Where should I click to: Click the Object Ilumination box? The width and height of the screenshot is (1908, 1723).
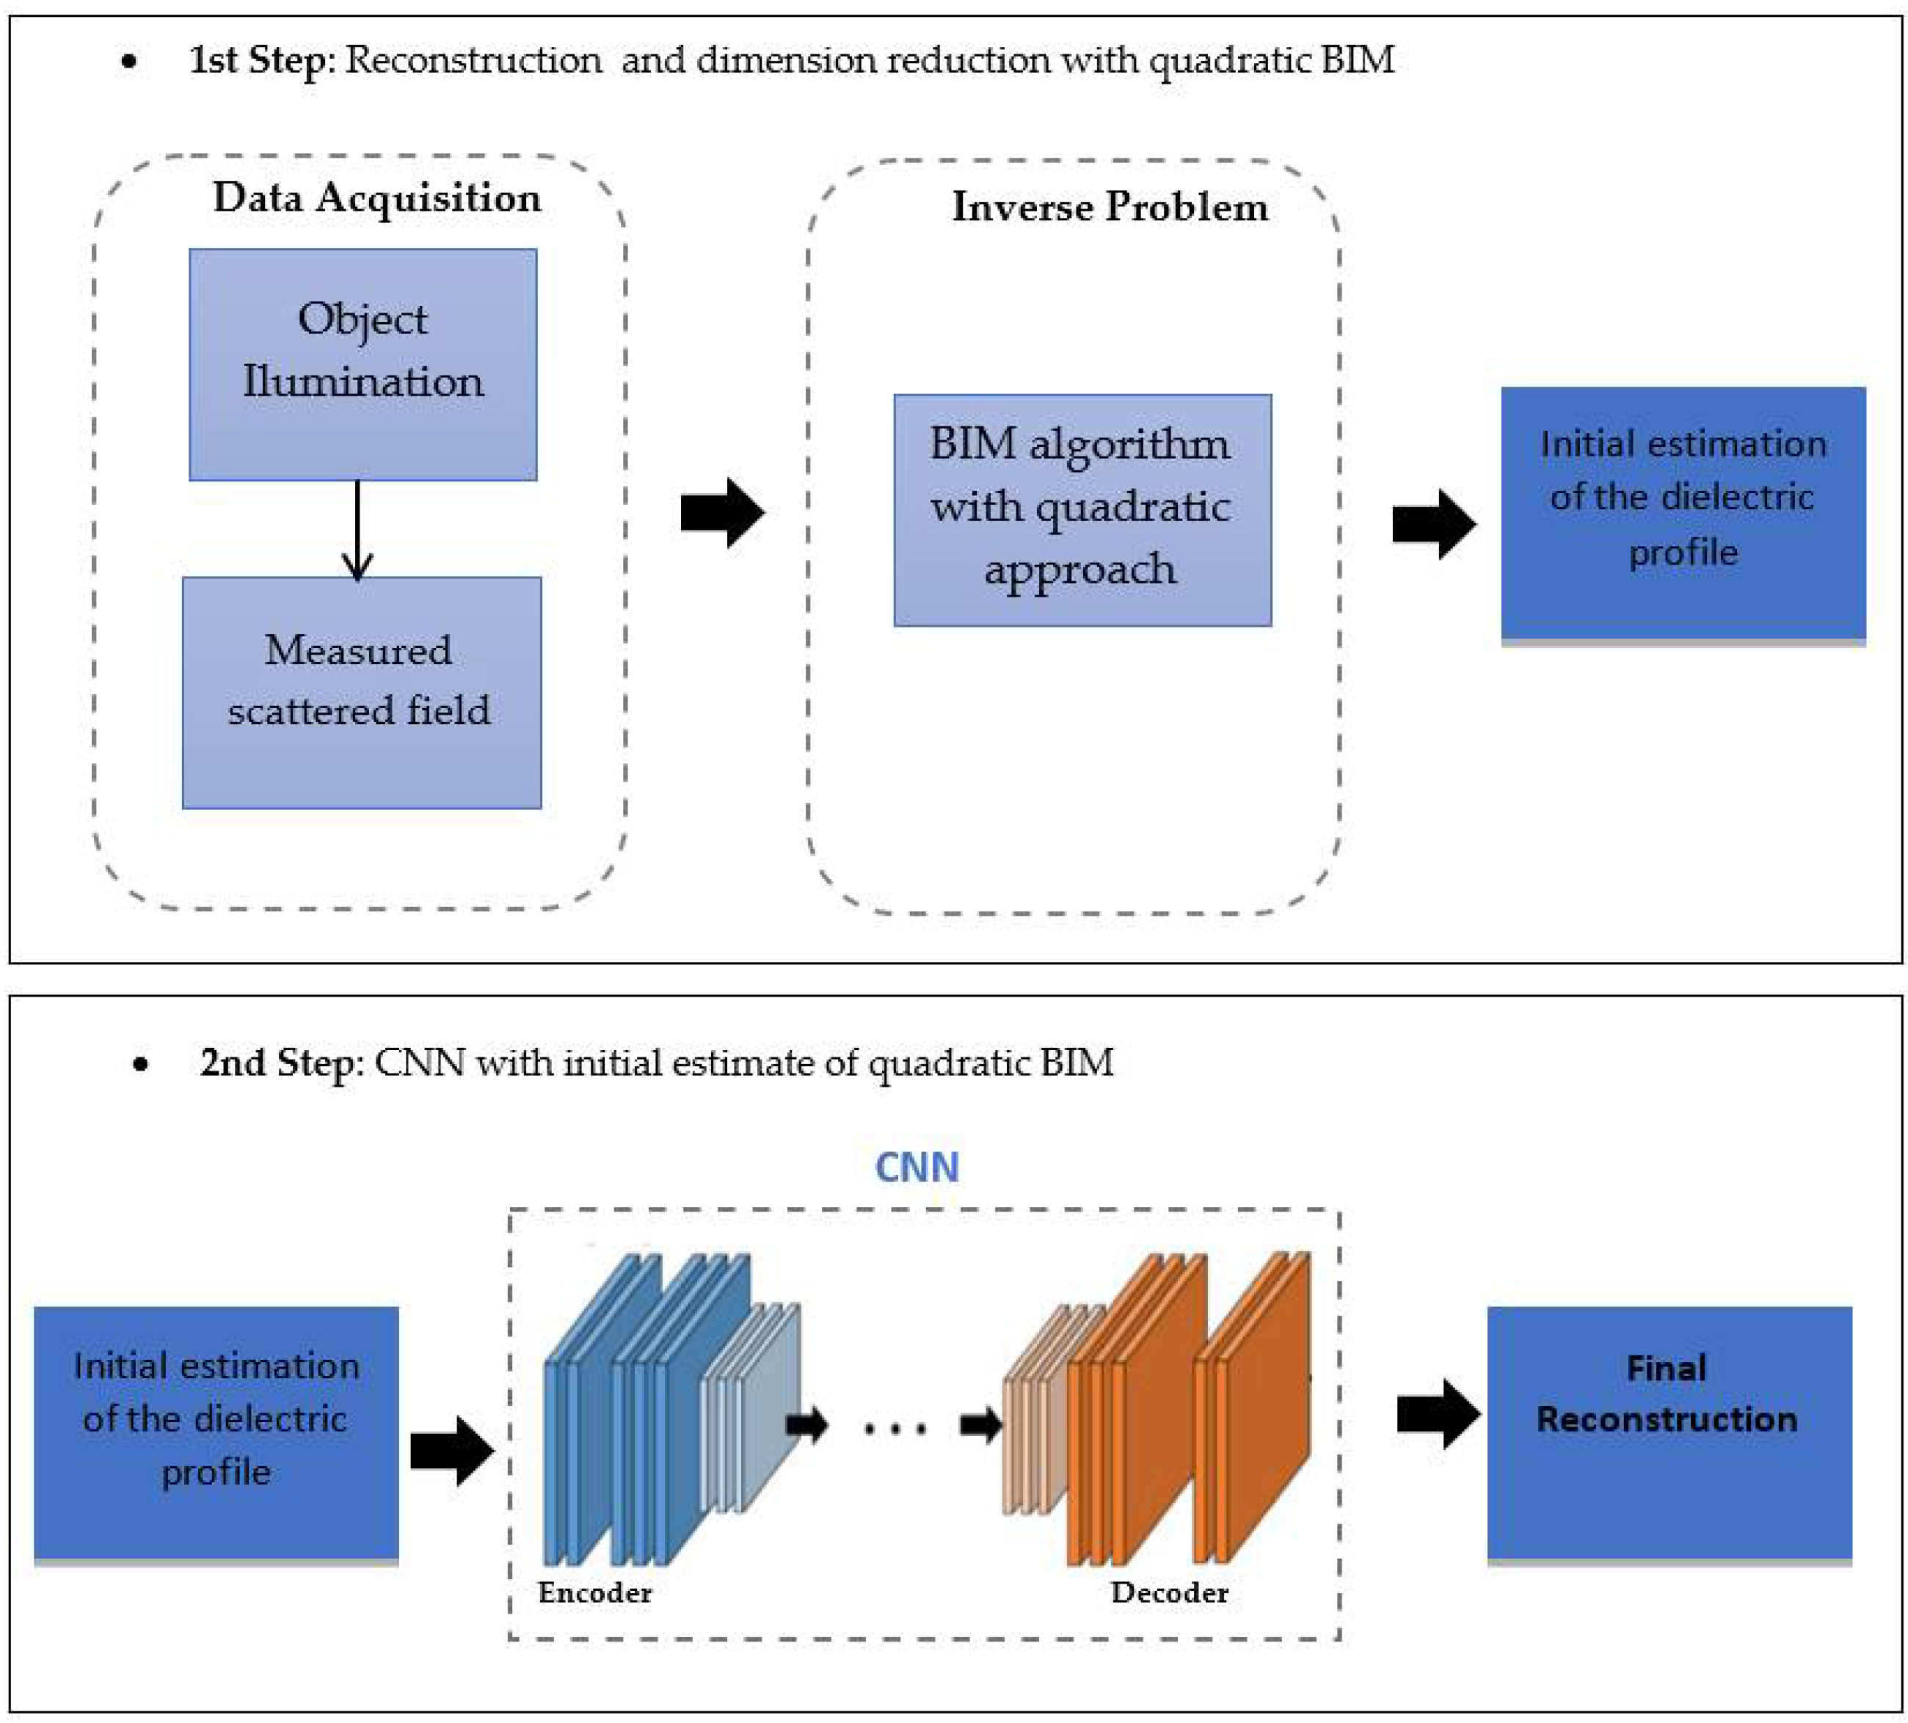363,364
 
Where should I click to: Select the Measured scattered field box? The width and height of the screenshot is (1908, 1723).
362,693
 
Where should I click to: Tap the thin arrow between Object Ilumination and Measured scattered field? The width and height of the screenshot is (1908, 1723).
357,530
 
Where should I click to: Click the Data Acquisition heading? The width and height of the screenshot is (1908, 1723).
376,197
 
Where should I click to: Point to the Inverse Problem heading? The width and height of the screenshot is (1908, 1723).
1110,206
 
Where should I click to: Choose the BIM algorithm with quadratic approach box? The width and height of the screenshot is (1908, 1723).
1082,510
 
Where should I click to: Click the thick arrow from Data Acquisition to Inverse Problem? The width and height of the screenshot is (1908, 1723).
722,513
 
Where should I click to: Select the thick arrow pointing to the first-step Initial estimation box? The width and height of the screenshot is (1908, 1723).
1433,523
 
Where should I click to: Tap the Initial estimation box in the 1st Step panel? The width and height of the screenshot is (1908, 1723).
1683,513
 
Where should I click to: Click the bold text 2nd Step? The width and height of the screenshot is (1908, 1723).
277,1063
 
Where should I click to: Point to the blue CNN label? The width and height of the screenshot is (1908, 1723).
916,1167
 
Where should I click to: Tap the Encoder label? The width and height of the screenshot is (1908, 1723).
594,1592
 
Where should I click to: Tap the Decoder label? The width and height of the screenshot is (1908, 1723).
1169,1592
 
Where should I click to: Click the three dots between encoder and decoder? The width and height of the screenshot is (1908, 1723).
895,1429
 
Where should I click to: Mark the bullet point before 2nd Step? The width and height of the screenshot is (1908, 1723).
141,1065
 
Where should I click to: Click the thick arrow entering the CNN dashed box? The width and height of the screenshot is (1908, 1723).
451,1451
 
